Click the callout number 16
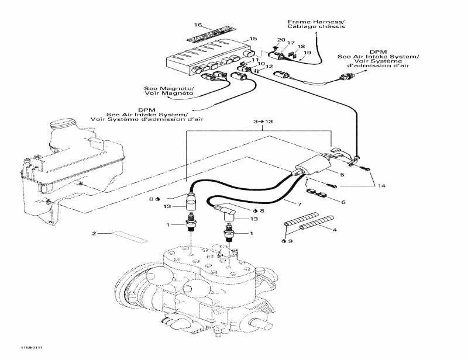pos(198,25)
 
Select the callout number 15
pos(253,39)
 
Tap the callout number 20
pos(281,40)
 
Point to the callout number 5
pos(343,174)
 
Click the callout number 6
pos(343,202)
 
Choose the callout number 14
pos(381,186)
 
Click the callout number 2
pos(93,234)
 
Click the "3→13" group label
pos(263,121)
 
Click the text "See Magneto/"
pos(168,89)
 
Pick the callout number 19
pos(308,53)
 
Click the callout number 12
pos(269,67)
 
